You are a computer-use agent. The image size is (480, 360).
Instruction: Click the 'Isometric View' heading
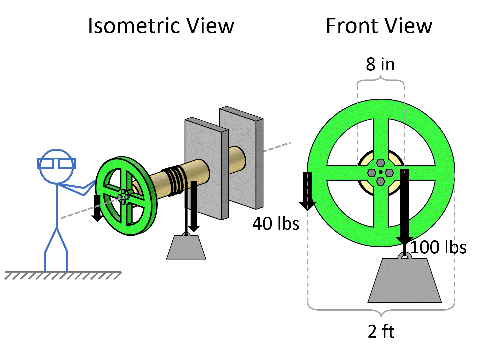(x=161, y=26)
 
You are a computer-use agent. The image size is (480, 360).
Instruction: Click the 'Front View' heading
(x=379, y=26)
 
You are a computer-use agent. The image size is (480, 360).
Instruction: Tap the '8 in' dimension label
(x=380, y=64)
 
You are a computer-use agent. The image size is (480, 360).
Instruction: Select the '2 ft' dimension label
(x=381, y=331)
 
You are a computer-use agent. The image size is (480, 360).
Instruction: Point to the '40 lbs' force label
(x=276, y=223)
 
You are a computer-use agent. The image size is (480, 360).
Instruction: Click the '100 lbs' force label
(x=438, y=247)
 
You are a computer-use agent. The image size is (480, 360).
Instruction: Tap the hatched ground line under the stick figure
(x=63, y=275)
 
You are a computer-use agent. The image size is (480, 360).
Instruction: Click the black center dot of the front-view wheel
(x=381, y=172)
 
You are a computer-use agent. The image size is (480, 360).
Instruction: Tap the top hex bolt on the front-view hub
(x=381, y=163)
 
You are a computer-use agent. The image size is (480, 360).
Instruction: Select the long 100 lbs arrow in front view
(x=404, y=207)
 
